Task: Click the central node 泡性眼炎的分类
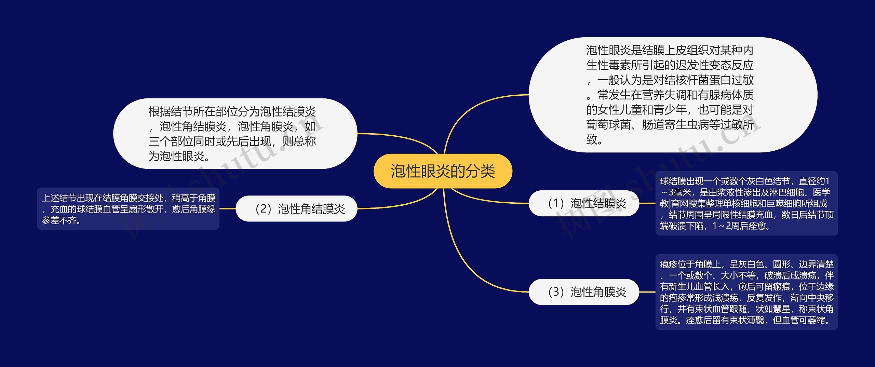tap(443, 171)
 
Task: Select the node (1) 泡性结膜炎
tap(584, 203)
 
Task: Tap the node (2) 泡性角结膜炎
tap(296, 208)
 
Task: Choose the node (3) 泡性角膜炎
tap(584, 292)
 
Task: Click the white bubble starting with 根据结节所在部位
tap(235, 134)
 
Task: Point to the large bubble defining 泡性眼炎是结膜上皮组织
tap(673, 95)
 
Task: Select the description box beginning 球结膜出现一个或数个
tap(746, 203)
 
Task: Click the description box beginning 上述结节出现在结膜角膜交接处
tap(128, 208)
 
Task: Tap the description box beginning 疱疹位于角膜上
tap(746, 292)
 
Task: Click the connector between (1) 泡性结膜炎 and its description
tap(647, 203)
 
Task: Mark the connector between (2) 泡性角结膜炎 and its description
tap(227, 208)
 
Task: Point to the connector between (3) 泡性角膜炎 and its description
tap(647, 292)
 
